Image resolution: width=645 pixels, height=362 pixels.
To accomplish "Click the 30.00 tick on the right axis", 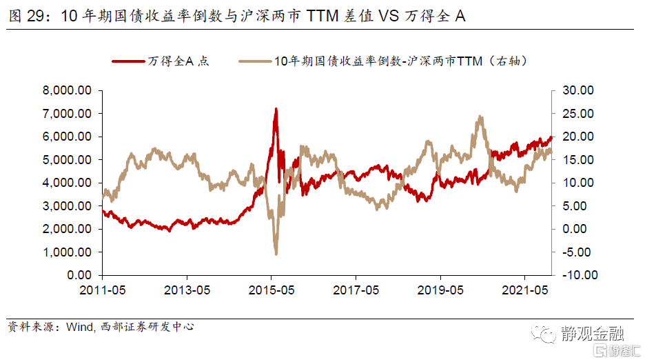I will [x=577, y=90].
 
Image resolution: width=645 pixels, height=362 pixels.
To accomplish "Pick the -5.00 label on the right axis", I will [x=577, y=252].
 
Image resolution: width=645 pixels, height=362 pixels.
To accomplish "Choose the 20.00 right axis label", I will [x=577, y=137].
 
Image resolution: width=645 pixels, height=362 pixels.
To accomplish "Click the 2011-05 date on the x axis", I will [x=101, y=289].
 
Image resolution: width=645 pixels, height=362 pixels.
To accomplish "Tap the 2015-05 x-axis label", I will [x=272, y=289].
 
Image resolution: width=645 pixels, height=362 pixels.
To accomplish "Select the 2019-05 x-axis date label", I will [x=441, y=289].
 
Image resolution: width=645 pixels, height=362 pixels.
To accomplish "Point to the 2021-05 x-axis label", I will [x=526, y=289].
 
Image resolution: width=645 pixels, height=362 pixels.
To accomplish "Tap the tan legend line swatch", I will [x=255, y=61].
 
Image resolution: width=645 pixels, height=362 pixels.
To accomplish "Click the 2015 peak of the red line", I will [x=276, y=109].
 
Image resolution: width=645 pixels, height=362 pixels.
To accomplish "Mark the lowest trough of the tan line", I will [x=276, y=253].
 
